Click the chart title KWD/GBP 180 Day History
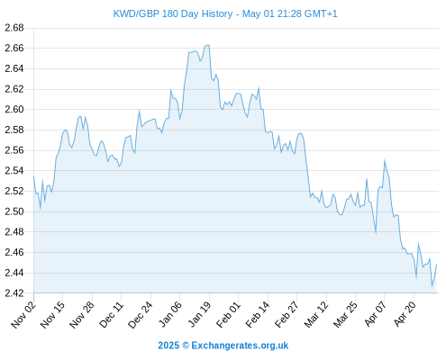coord(173,14)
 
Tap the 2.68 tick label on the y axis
coord(14,28)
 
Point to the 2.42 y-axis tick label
coord(14,292)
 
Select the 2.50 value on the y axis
coord(14,211)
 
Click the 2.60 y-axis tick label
coord(14,110)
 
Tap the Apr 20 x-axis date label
coord(405,314)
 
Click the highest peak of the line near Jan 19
coord(208,45)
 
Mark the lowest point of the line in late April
coord(432,286)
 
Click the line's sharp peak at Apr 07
coord(385,160)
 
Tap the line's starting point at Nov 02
coord(33,176)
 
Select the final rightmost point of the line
coord(436,265)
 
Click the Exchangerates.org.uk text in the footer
coord(240,346)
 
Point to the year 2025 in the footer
coord(168,346)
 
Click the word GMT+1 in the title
coord(321,14)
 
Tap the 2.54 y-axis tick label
coord(14,171)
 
